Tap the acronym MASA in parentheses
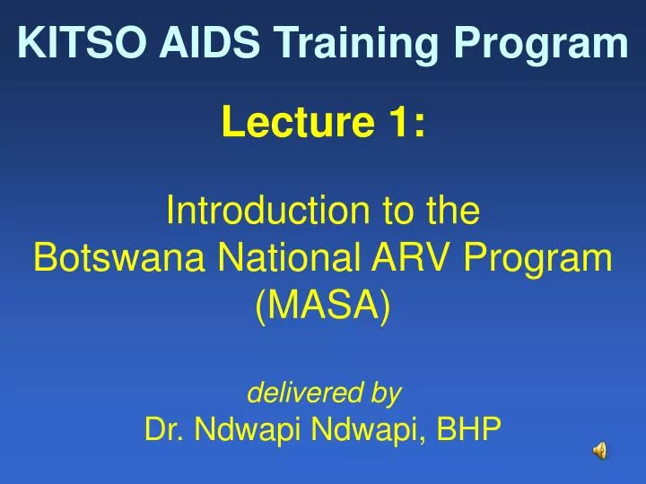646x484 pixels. pyautogui.click(x=323, y=307)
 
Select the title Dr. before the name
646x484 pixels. pyautogui.click(x=162, y=431)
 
